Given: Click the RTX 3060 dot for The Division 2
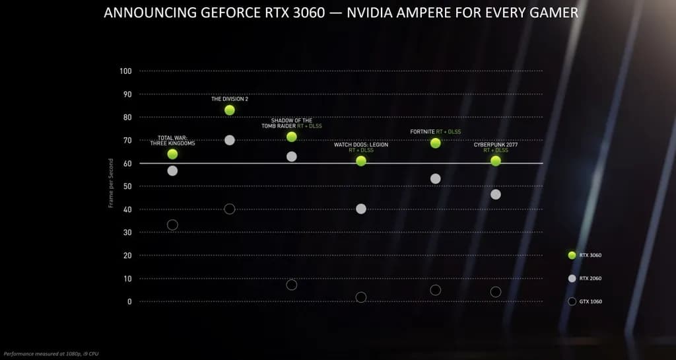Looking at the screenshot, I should point(230,110).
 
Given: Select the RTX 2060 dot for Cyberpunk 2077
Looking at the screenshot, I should point(496,194).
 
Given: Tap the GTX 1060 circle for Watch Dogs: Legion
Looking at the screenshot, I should point(361,297).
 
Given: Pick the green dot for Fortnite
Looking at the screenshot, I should point(436,143).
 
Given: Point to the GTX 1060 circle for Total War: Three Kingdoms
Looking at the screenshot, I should point(172,225).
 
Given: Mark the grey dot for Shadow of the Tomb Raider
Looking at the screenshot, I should point(292,157).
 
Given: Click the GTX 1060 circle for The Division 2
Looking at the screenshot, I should point(230,209).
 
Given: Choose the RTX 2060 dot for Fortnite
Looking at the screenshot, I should point(436,178).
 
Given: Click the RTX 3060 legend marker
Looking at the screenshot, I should point(572,255).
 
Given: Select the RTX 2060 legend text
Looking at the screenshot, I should point(590,278).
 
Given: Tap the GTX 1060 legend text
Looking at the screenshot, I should point(590,301).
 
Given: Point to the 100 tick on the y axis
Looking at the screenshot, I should point(125,71).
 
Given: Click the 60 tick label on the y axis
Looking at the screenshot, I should point(127,163).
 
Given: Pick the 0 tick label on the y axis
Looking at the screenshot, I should point(129,301).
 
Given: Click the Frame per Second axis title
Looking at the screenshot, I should point(111,183).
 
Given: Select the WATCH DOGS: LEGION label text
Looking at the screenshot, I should point(360,145).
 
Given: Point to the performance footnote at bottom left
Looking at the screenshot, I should point(51,354).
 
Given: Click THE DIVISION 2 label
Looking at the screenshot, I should point(230,99).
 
